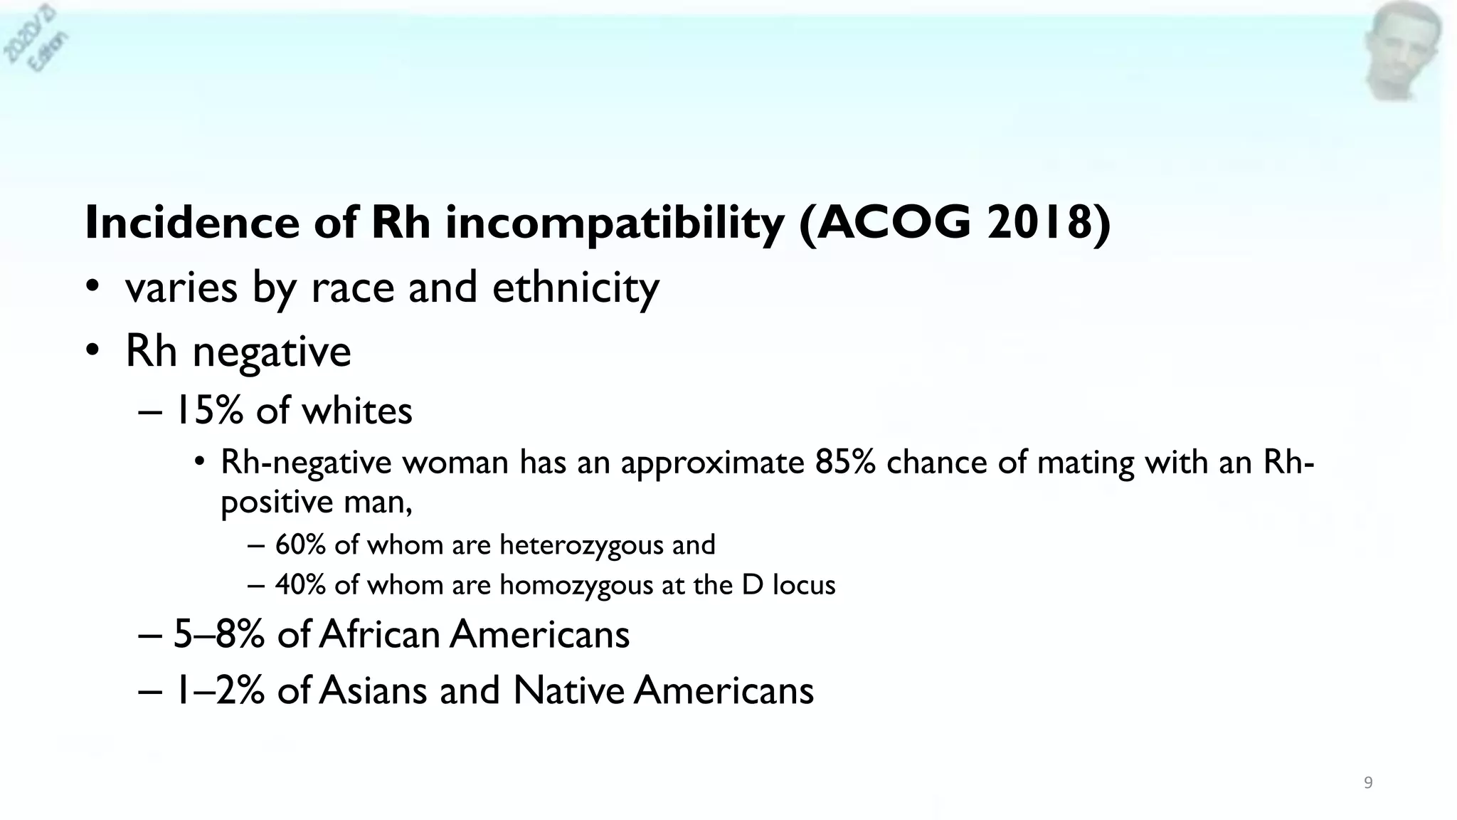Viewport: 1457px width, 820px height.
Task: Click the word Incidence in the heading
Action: click(191, 222)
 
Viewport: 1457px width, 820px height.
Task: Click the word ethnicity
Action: click(576, 288)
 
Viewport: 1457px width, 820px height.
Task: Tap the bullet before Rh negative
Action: click(92, 351)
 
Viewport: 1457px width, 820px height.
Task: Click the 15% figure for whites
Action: click(208, 411)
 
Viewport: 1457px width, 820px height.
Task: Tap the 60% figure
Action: click(300, 545)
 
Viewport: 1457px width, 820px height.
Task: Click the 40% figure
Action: click(300, 585)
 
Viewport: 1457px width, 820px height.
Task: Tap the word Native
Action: click(568, 690)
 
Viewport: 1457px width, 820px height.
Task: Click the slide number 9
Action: click(1367, 783)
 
